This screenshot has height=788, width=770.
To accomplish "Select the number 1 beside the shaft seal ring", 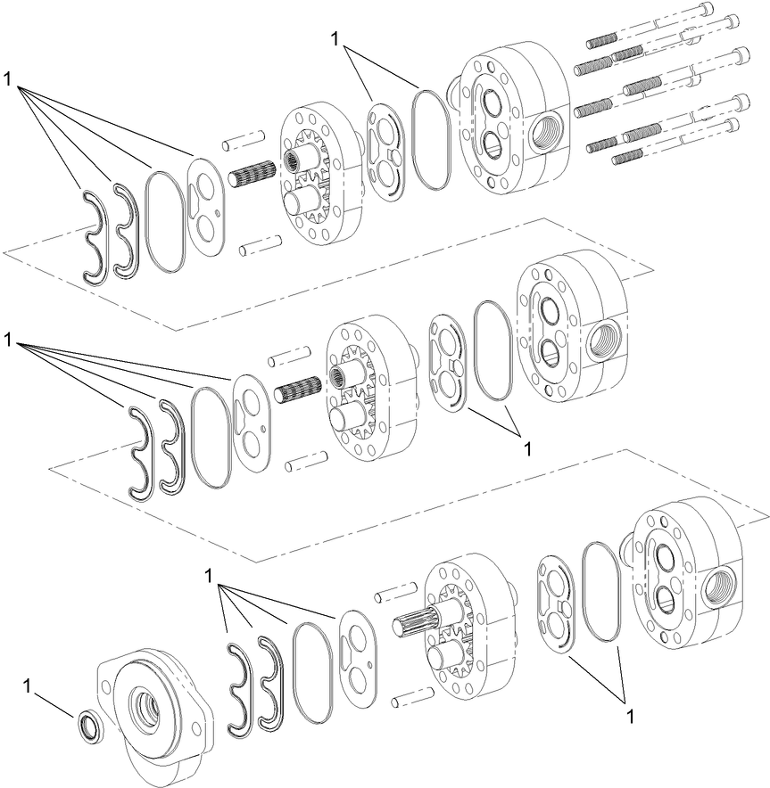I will pos(28,685).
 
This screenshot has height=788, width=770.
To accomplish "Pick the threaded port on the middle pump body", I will pos(602,339).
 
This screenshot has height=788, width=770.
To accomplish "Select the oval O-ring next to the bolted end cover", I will pos(430,139).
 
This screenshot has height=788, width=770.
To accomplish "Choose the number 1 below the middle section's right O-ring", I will pos(527,448).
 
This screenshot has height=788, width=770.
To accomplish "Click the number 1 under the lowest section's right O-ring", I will pos(632,715).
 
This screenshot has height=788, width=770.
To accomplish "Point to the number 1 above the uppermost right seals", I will pos(335,38).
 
